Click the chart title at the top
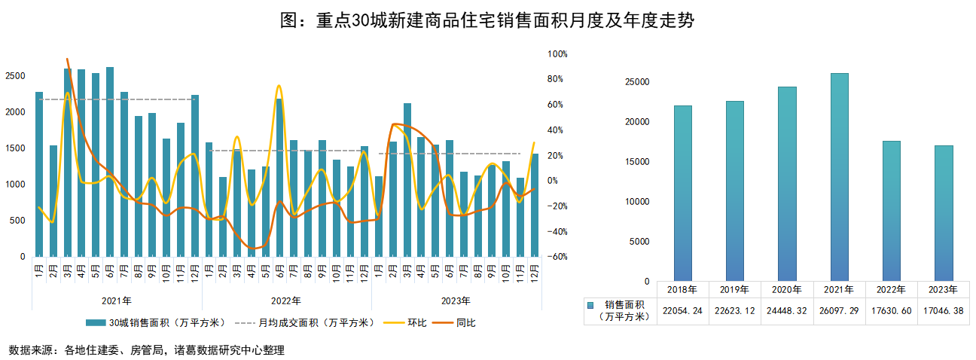[487, 20]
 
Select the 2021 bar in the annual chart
[839, 177]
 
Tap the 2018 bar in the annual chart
[683, 194]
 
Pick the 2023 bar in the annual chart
[943, 213]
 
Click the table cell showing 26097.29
[839, 310]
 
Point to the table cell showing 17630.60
[891, 310]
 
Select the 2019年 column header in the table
[735, 289]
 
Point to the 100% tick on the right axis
[557, 54]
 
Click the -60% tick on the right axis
[557, 257]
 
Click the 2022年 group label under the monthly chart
[286, 301]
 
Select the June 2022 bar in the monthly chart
[279, 178]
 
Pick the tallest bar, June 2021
[110, 162]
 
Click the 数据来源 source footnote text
[146, 350]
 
